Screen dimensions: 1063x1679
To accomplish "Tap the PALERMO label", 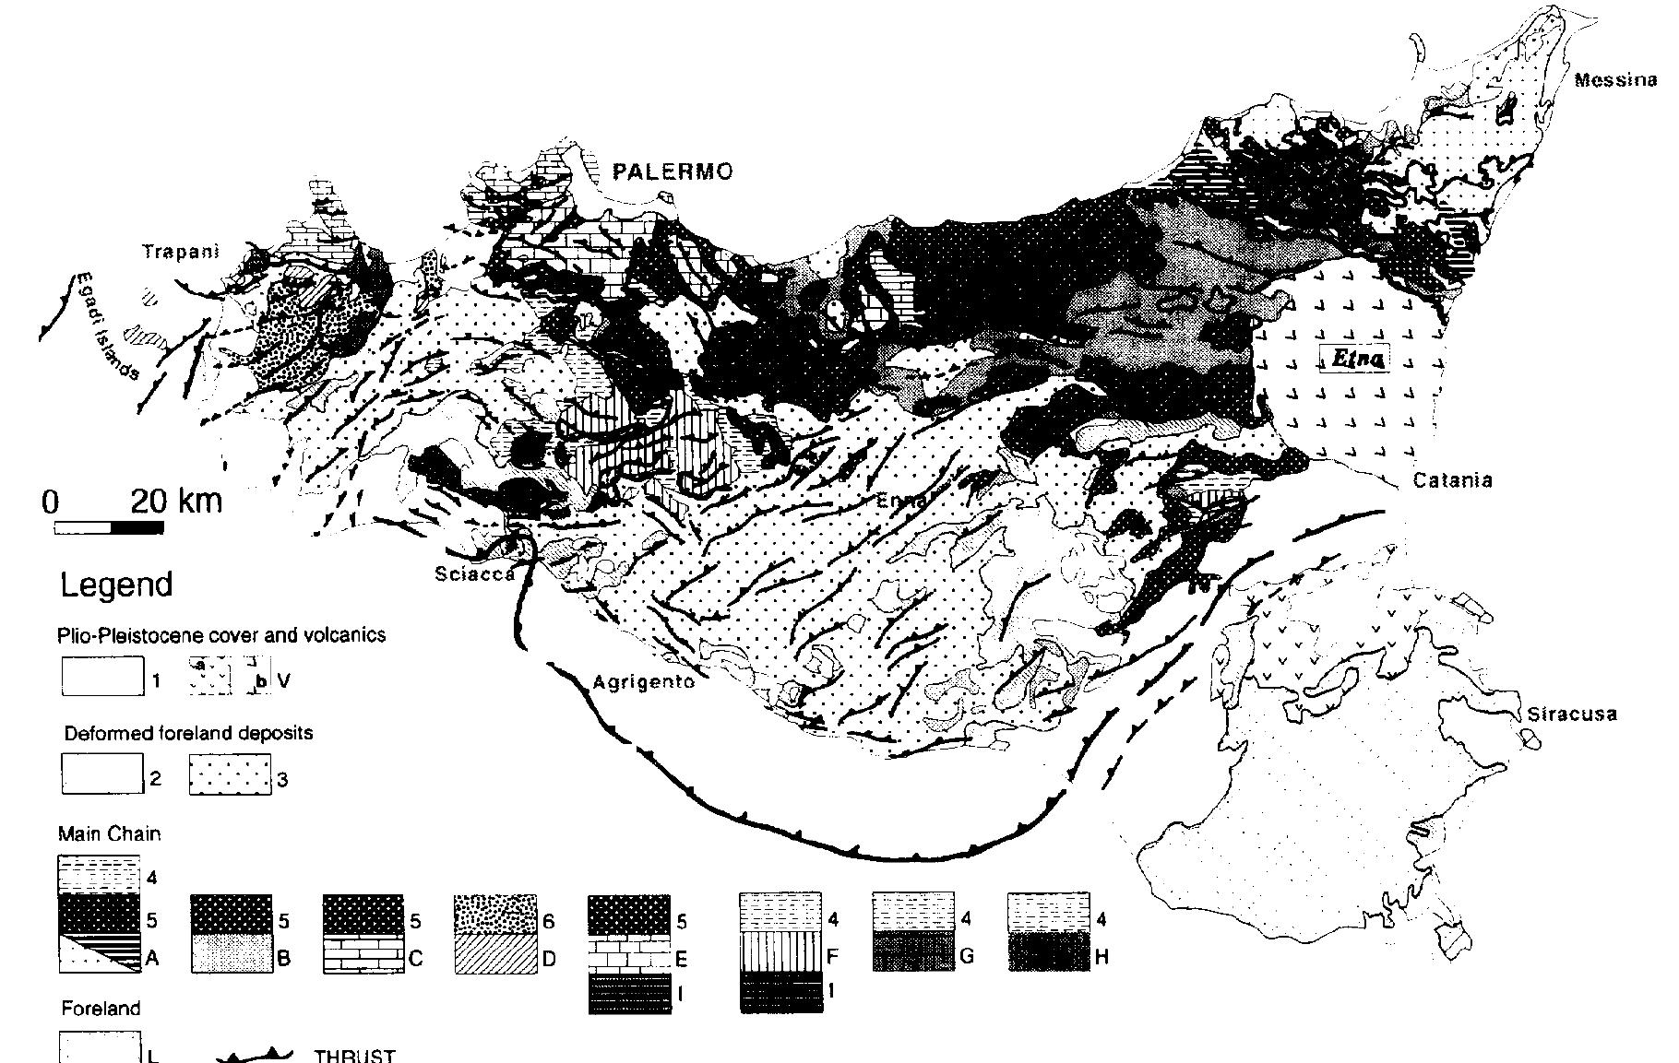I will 673,171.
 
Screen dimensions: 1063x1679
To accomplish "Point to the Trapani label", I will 180,252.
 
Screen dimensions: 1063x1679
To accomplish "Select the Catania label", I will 1452,480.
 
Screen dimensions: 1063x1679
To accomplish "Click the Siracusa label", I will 1572,715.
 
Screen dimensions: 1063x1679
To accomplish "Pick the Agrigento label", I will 642,683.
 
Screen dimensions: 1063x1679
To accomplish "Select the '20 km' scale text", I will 176,501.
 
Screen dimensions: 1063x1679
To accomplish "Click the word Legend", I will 116,585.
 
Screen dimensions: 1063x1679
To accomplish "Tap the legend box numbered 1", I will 102,676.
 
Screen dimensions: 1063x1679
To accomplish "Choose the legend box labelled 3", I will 230,774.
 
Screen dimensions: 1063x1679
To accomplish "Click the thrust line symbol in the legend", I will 254,1056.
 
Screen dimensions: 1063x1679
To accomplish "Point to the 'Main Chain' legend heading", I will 109,833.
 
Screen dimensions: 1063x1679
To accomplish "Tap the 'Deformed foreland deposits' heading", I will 188,733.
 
